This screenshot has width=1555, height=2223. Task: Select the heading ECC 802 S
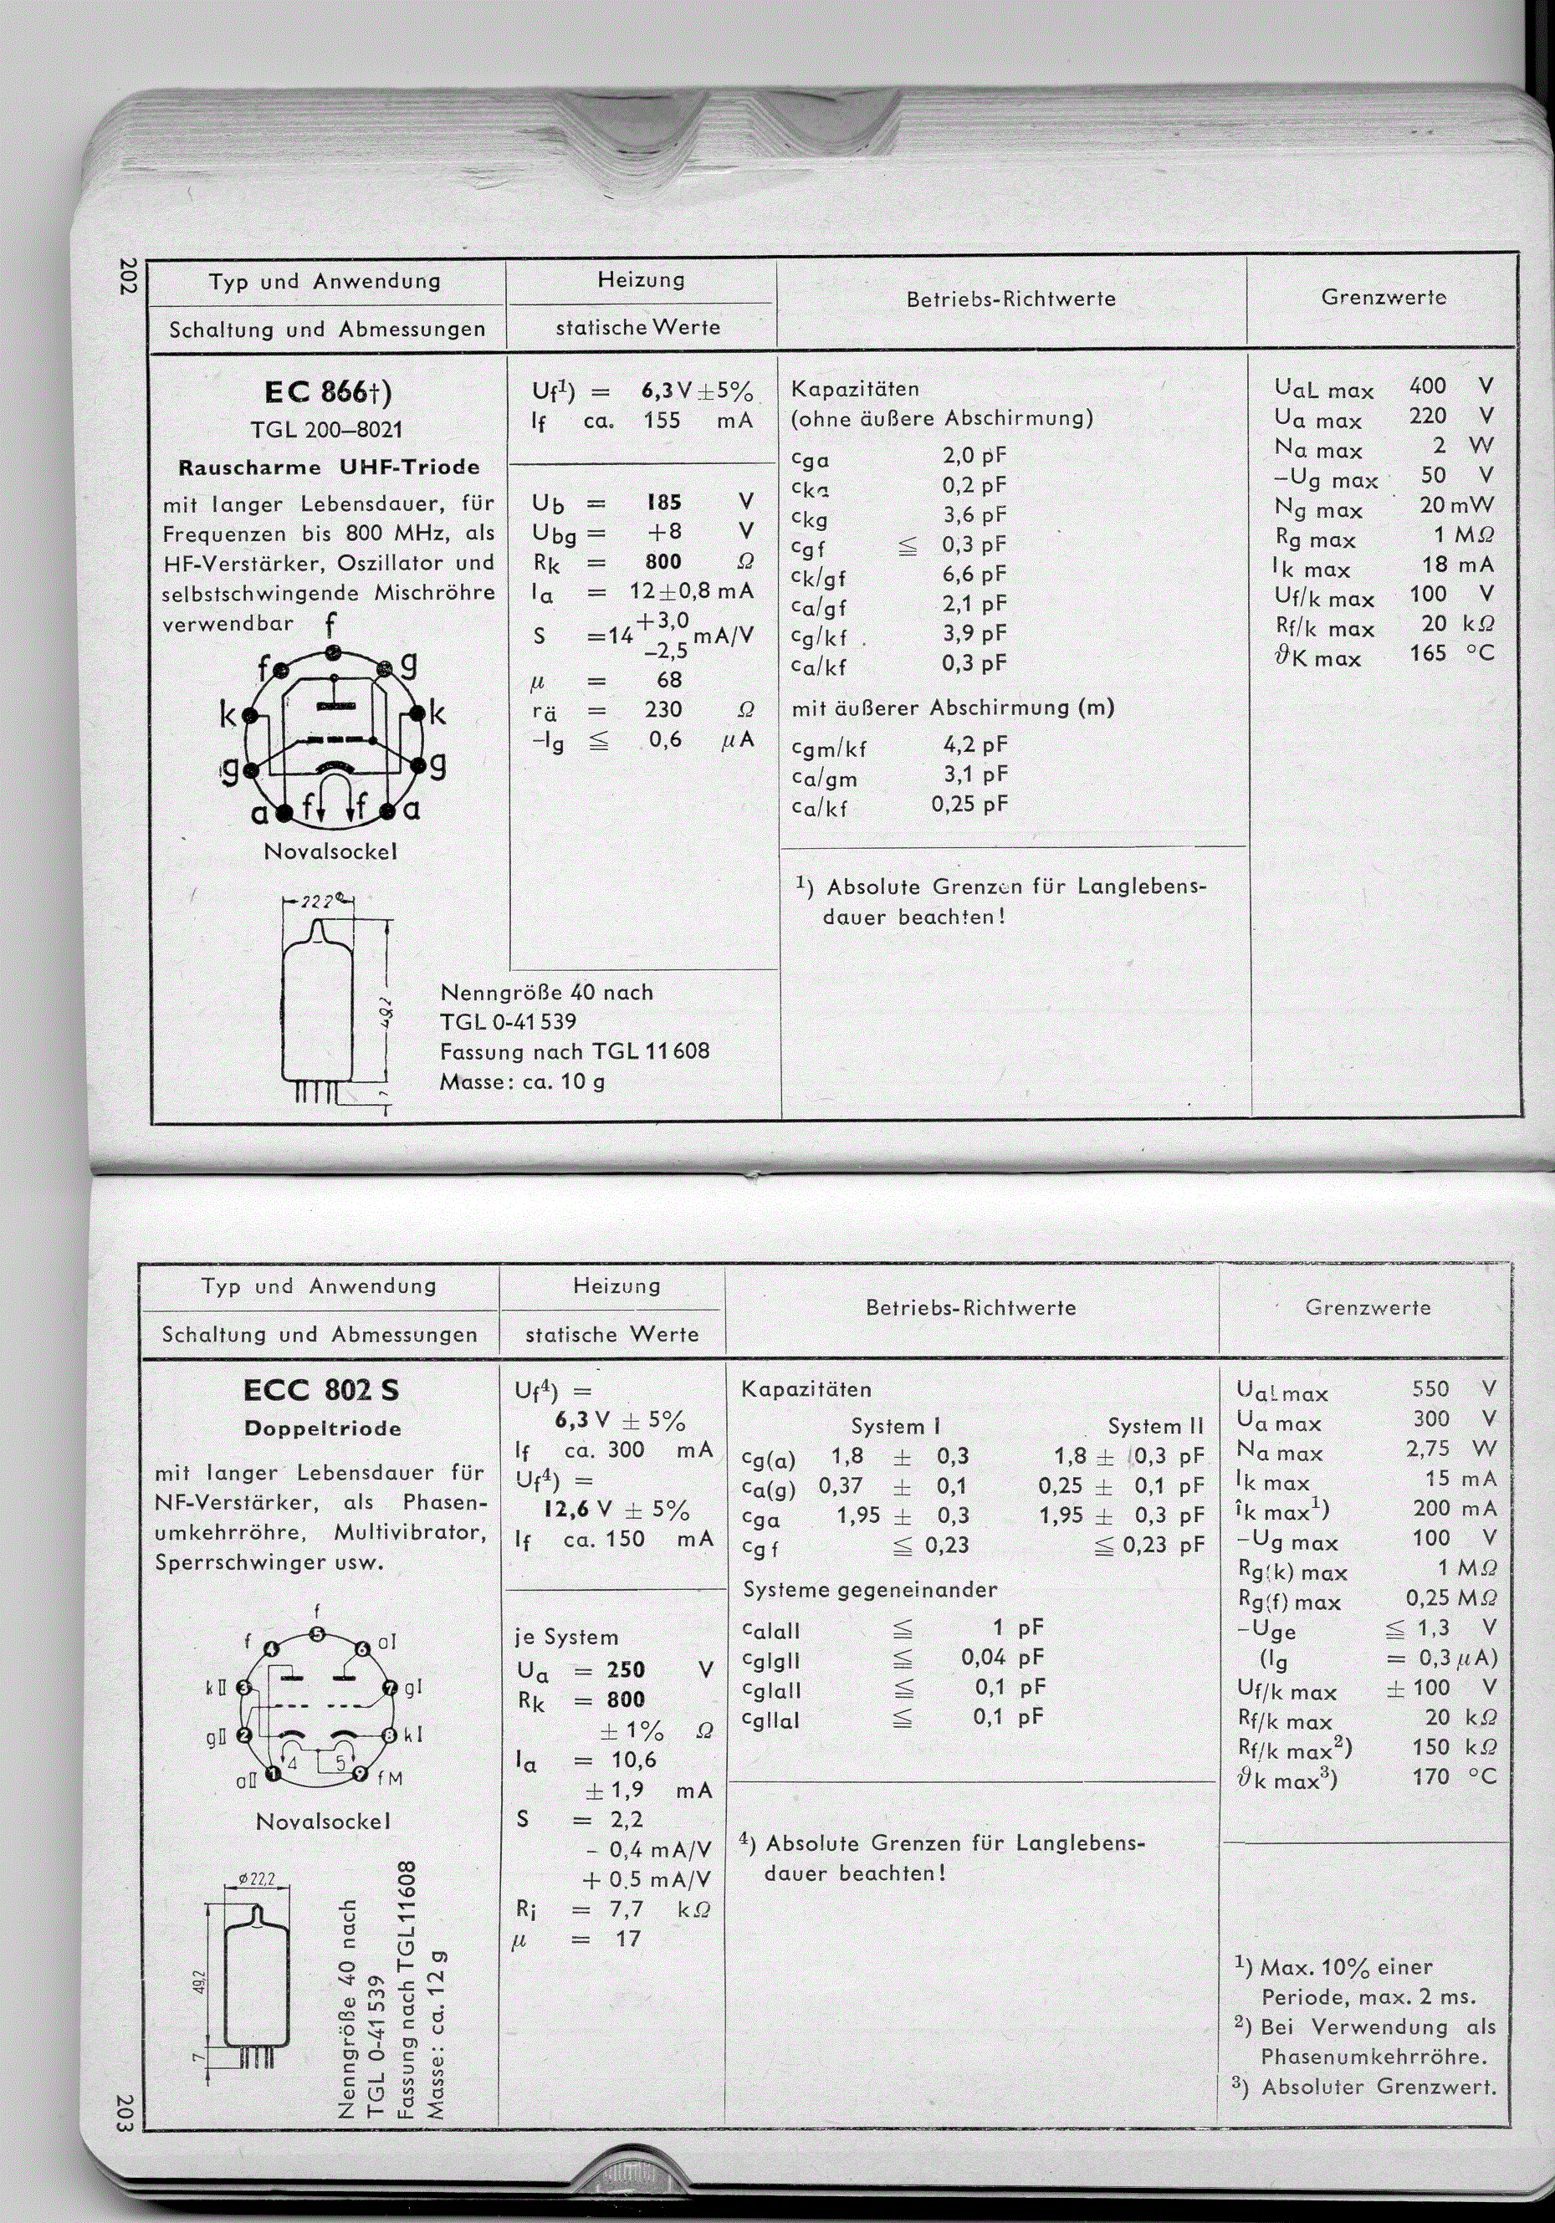click(320, 1390)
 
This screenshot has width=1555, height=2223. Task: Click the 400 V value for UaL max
click(1428, 386)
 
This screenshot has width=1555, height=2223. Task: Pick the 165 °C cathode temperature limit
click(1428, 653)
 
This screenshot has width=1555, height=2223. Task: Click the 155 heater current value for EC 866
click(662, 422)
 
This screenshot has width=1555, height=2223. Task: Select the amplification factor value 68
click(669, 680)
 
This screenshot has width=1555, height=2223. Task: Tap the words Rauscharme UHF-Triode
click(330, 468)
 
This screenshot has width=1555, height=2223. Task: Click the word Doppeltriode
click(322, 1429)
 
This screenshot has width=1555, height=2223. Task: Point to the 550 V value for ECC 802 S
click(1430, 1389)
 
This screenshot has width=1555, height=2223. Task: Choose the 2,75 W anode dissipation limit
click(1428, 1449)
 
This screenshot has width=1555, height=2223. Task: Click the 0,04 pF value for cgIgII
click(984, 1658)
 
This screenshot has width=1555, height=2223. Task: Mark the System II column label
click(1155, 1426)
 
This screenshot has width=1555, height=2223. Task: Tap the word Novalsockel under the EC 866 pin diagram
click(330, 852)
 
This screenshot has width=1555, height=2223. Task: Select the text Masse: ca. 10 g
click(522, 1081)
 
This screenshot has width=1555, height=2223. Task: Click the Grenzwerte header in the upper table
click(1384, 299)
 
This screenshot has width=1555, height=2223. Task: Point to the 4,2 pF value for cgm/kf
click(975, 744)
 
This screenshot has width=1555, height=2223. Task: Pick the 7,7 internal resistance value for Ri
click(627, 1910)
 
